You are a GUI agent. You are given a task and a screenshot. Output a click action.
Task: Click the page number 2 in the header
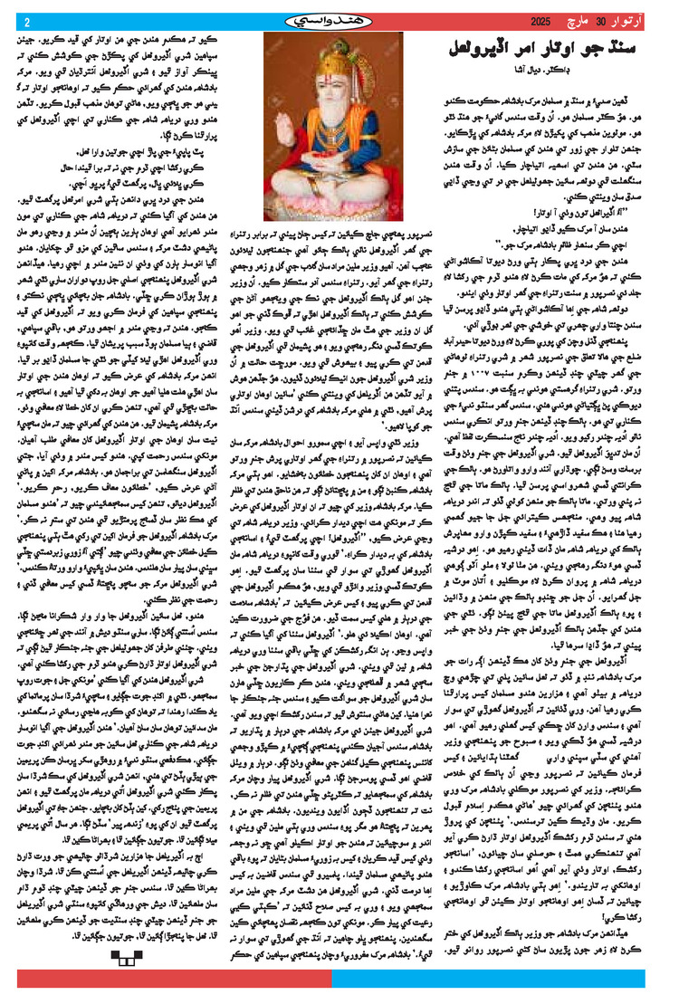pos(26,22)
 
